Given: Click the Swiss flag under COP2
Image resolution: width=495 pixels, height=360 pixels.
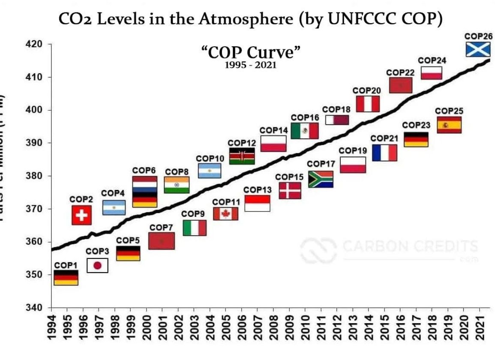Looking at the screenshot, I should (81, 215).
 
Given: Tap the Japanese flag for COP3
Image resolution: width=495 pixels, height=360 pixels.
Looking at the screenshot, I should (97, 266).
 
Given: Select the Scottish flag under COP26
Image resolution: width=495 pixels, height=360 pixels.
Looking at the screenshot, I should (478, 50).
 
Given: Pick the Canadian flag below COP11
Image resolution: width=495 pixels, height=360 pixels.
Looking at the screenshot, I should (225, 213).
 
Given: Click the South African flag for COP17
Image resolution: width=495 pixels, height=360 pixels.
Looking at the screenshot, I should (321, 179).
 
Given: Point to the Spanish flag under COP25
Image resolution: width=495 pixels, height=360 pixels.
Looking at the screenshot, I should (449, 125).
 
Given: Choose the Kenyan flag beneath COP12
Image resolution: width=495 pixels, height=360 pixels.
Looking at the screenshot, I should (242, 156).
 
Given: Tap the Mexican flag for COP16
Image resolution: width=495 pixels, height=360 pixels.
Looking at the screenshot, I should (304, 131).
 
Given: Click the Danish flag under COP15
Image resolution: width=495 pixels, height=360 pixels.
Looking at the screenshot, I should (290, 190).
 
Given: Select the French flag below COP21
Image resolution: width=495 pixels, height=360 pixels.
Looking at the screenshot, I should (384, 153).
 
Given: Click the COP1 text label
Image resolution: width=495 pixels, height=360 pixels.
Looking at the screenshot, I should (65, 266).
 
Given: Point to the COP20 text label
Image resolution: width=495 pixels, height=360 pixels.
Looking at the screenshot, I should (367, 90).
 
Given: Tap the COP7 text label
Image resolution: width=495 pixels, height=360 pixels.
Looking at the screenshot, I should (161, 227).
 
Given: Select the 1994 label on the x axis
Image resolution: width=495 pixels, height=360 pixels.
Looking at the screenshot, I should (51, 327).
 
